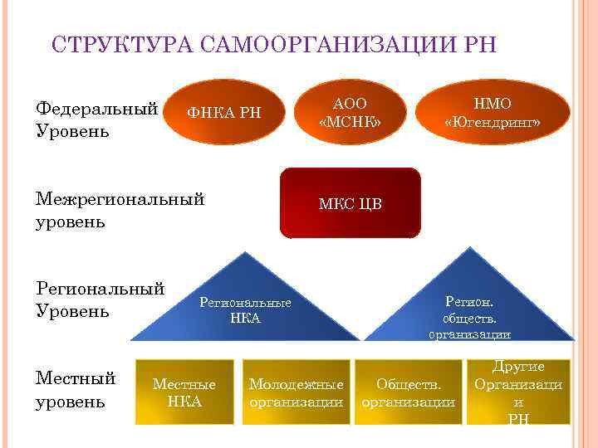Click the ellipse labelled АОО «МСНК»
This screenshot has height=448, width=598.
click(350, 113)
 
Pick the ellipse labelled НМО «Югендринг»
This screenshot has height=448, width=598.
click(493, 113)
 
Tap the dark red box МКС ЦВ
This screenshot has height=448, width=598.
click(350, 204)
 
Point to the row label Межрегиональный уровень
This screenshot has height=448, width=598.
click(120, 210)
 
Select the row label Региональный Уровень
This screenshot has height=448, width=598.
click(100, 299)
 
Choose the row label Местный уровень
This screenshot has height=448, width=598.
click(76, 390)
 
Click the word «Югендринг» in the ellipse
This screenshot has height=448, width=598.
click(493, 123)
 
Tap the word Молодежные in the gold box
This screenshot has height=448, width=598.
click(297, 384)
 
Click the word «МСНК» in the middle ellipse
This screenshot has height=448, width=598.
click(350, 122)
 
